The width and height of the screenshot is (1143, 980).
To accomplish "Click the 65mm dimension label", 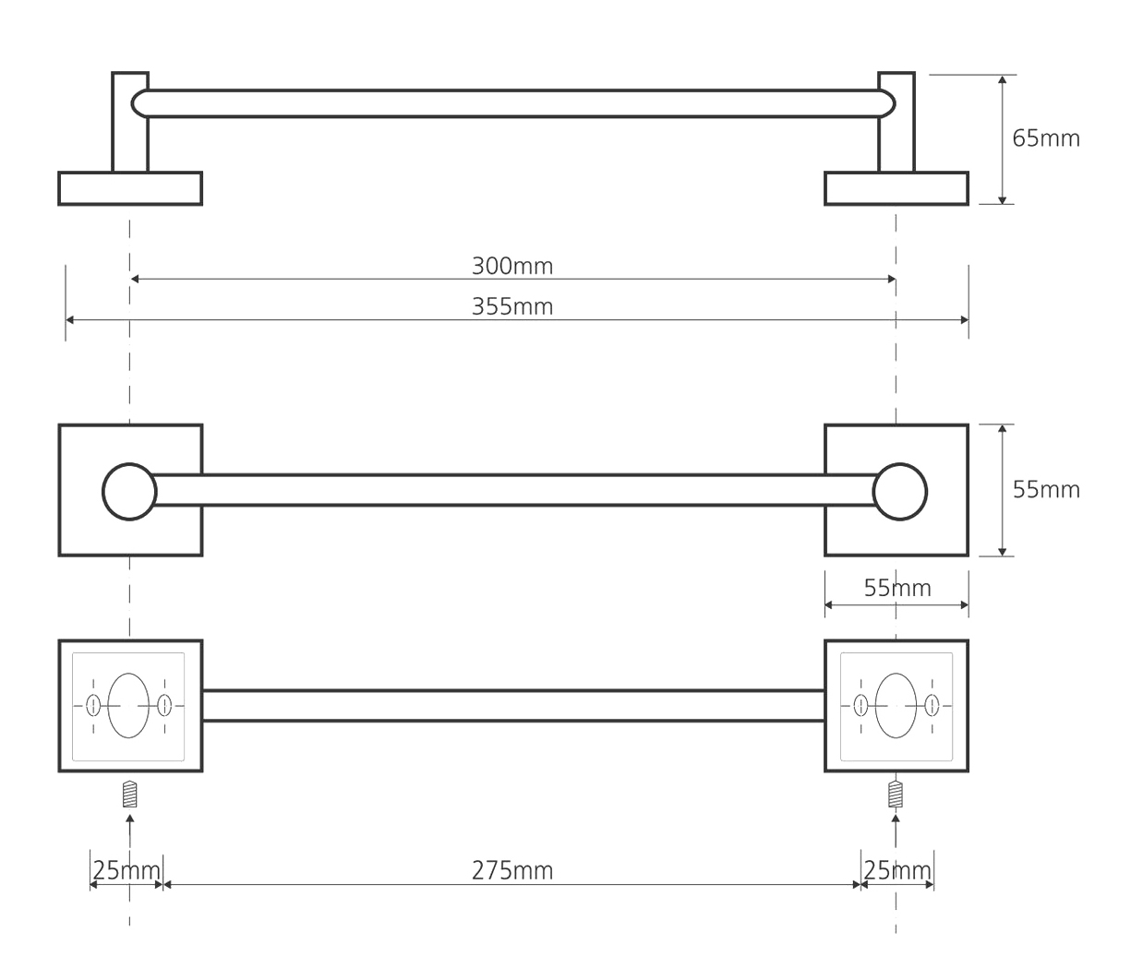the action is pos(1046,138).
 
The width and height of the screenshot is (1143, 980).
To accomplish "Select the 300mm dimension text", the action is pos(512,267).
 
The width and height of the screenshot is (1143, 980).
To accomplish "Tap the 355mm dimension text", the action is pos(512,306).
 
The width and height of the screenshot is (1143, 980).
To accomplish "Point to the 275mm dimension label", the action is pos(512,871).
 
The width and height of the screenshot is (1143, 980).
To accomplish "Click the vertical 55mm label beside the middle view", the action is pos(1046,490).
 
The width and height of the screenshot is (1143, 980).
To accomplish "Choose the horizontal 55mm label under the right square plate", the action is pos(897,588).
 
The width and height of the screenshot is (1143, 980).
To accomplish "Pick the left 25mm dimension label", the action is pos(126,871).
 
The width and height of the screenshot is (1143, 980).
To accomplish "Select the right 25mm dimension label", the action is pos(897,871).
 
